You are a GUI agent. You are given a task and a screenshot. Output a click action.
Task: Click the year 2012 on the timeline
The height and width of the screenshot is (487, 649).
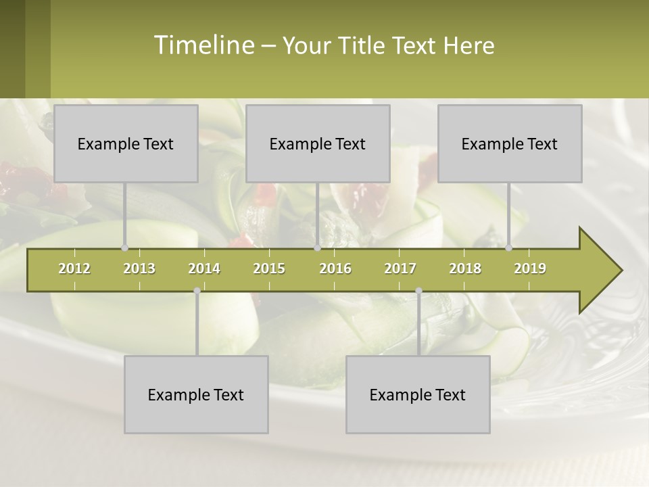(74, 269)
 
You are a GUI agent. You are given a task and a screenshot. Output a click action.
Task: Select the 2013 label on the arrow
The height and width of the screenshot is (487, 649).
(139, 269)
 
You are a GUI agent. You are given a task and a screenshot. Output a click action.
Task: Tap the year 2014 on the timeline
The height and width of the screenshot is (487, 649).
(204, 269)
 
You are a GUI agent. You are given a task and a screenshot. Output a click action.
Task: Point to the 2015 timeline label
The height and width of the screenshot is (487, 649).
(269, 269)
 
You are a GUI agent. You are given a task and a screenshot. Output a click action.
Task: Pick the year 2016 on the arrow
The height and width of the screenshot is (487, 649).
(335, 269)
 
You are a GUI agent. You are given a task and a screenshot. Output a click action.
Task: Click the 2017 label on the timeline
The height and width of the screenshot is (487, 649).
(400, 269)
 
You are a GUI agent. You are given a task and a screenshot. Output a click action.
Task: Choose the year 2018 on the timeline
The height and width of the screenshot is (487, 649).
(465, 269)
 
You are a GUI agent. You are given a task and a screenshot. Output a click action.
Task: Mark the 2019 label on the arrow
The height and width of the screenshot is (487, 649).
(530, 269)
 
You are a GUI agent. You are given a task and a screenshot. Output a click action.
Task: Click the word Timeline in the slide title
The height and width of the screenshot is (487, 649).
(202, 45)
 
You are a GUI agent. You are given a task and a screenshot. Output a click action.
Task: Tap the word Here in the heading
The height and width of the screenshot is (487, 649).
(468, 45)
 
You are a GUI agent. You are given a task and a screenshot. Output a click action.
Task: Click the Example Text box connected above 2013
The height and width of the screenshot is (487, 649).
(126, 143)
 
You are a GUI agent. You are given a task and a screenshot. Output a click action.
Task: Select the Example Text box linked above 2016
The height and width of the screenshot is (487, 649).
(318, 143)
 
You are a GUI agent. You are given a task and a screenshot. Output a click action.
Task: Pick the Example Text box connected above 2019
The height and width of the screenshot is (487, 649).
(510, 143)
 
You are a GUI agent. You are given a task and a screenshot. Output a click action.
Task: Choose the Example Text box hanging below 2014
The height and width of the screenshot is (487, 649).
(196, 394)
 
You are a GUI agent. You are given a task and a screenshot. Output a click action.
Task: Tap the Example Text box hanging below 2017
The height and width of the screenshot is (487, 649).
(418, 394)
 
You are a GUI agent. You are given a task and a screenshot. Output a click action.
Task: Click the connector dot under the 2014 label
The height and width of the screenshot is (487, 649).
(197, 291)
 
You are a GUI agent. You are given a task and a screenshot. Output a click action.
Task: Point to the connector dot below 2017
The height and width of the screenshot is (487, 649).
(418, 291)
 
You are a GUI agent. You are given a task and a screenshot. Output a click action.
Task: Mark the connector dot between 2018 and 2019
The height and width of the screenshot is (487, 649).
(508, 248)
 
